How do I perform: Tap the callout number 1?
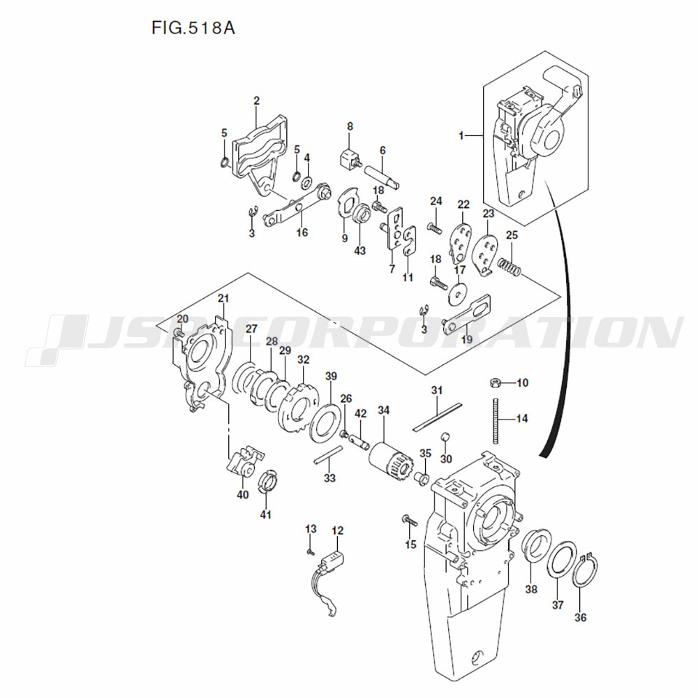point(461,136)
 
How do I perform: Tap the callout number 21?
point(223,299)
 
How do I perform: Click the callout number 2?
point(256,101)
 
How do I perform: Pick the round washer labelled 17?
point(456,294)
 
